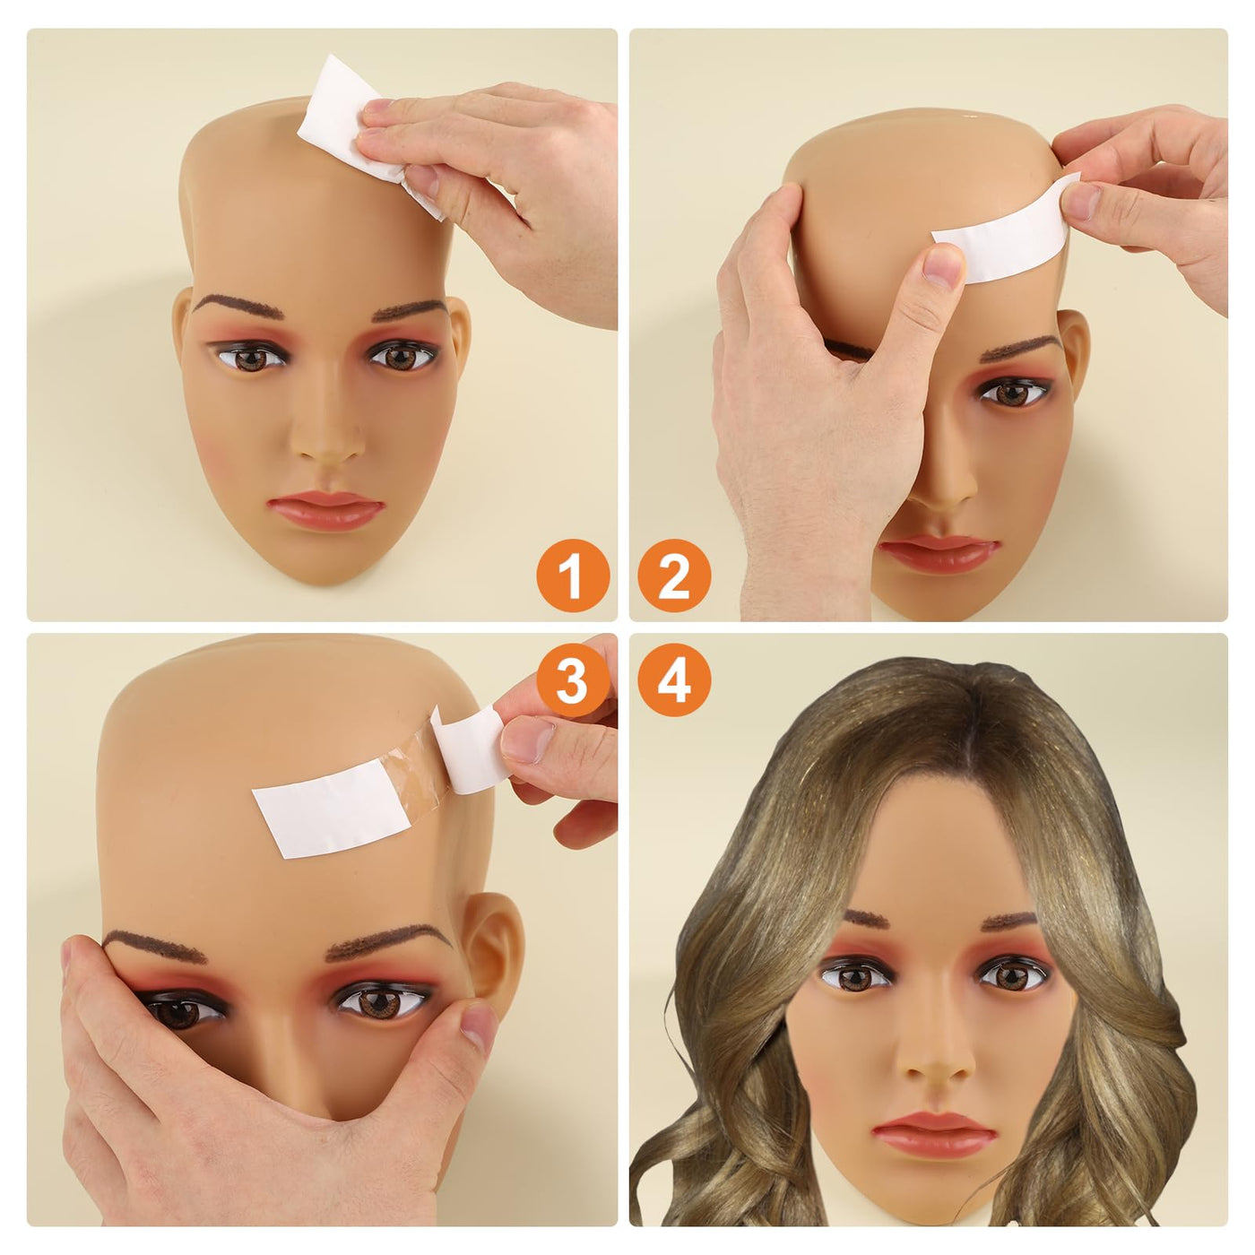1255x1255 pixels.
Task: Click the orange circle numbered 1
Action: [573, 576]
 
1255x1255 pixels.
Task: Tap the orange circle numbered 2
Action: [674, 576]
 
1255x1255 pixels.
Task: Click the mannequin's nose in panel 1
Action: [327, 437]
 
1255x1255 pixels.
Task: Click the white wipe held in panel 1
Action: [365, 134]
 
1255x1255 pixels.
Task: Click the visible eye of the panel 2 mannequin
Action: [1014, 393]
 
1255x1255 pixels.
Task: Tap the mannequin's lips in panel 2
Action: [938, 554]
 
